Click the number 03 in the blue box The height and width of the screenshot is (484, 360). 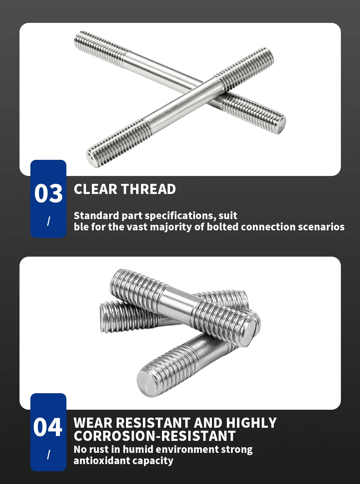[48, 193]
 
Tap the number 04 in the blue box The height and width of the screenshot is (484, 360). [48, 427]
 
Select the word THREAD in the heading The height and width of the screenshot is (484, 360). [148, 189]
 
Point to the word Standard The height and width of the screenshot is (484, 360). [97, 216]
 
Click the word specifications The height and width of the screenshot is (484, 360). [179, 216]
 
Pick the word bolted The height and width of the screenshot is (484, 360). [222, 227]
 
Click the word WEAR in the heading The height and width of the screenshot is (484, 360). [93, 423]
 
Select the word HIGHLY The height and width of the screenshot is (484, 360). [251, 423]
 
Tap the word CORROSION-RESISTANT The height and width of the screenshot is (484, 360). [155, 436]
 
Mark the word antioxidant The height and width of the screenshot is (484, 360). [102, 461]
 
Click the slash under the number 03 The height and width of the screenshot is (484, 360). [48, 221]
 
